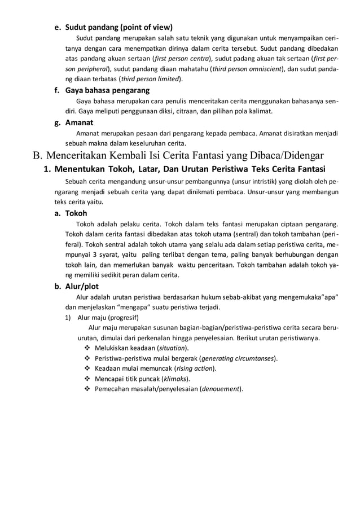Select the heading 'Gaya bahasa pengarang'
coord(107,90)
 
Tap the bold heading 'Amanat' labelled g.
coord(80,122)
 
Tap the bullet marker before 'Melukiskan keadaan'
coord(87,348)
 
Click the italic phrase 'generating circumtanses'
coord(237,358)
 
